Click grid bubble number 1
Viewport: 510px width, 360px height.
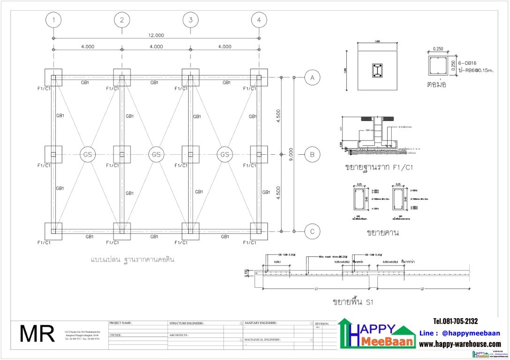click(x=53, y=20)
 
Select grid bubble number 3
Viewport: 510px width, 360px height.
click(x=190, y=20)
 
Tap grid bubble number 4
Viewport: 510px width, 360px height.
click(x=259, y=20)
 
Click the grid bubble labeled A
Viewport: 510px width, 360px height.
click(x=312, y=77)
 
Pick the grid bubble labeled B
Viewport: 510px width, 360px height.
click(x=312, y=154)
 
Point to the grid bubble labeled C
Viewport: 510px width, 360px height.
click(x=312, y=231)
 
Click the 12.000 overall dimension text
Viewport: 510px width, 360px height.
click(x=156, y=35)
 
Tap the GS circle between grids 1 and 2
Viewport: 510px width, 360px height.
click(x=87, y=154)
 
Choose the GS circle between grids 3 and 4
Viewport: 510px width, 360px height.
click(x=225, y=154)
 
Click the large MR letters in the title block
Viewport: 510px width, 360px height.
click(x=37, y=334)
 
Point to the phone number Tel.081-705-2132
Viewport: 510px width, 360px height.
click(x=456, y=321)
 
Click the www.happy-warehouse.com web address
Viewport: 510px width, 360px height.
click(x=459, y=345)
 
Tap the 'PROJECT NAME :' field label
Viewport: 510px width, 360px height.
click(x=121, y=323)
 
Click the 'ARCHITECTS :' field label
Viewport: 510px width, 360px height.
click(x=179, y=335)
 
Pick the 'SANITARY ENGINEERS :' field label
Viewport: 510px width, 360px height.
click(x=261, y=323)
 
